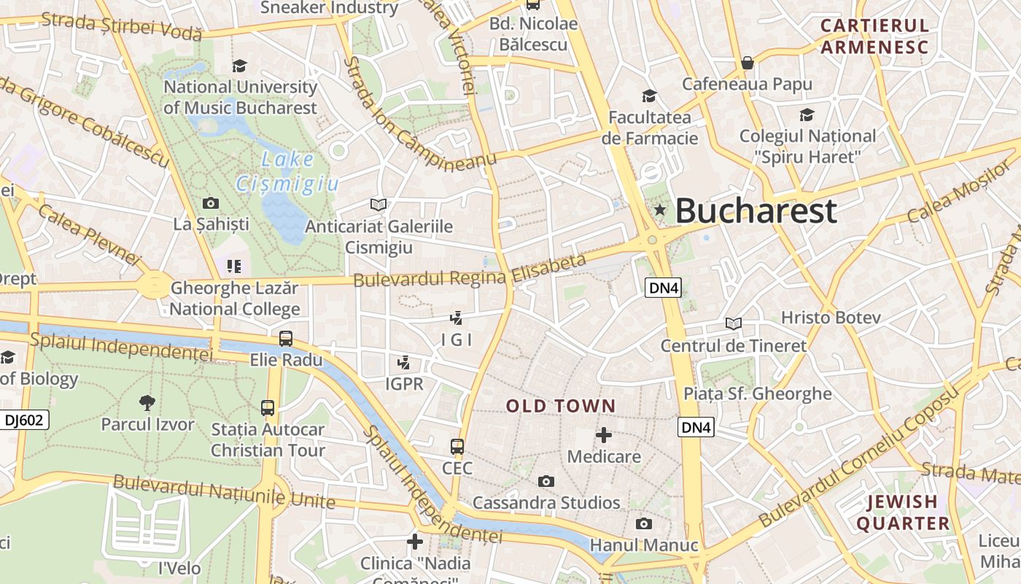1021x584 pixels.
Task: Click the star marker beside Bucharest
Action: click(x=660, y=210)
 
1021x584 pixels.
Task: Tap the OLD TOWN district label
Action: click(x=561, y=407)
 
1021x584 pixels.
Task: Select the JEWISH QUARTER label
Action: click(x=903, y=512)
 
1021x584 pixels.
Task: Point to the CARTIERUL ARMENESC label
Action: click(x=874, y=36)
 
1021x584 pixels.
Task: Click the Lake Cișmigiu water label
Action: click(x=287, y=172)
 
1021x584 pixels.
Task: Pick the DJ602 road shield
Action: click(x=24, y=420)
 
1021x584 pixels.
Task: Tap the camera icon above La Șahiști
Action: click(x=211, y=203)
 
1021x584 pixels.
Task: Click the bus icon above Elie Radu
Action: click(x=286, y=339)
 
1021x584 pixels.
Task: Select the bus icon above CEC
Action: click(x=457, y=446)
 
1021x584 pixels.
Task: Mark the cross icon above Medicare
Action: click(x=604, y=436)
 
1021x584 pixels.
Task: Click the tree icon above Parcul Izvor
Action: click(x=147, y=402)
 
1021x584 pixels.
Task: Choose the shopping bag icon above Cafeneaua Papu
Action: click(x=747, y=63)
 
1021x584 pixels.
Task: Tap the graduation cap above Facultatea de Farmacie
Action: click(x=649, y=96)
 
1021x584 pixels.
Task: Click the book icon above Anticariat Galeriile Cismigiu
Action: click(x=378, y=204)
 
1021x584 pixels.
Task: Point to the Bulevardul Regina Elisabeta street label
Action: click(x=470, y=270)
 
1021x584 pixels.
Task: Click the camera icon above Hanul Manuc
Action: click(x=643, y=523)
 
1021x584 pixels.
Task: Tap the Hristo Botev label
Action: click(x=831, y=318)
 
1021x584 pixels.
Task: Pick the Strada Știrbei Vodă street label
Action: click(x=121, y=26)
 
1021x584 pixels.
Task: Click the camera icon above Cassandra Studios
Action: click(x=546, y=481)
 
